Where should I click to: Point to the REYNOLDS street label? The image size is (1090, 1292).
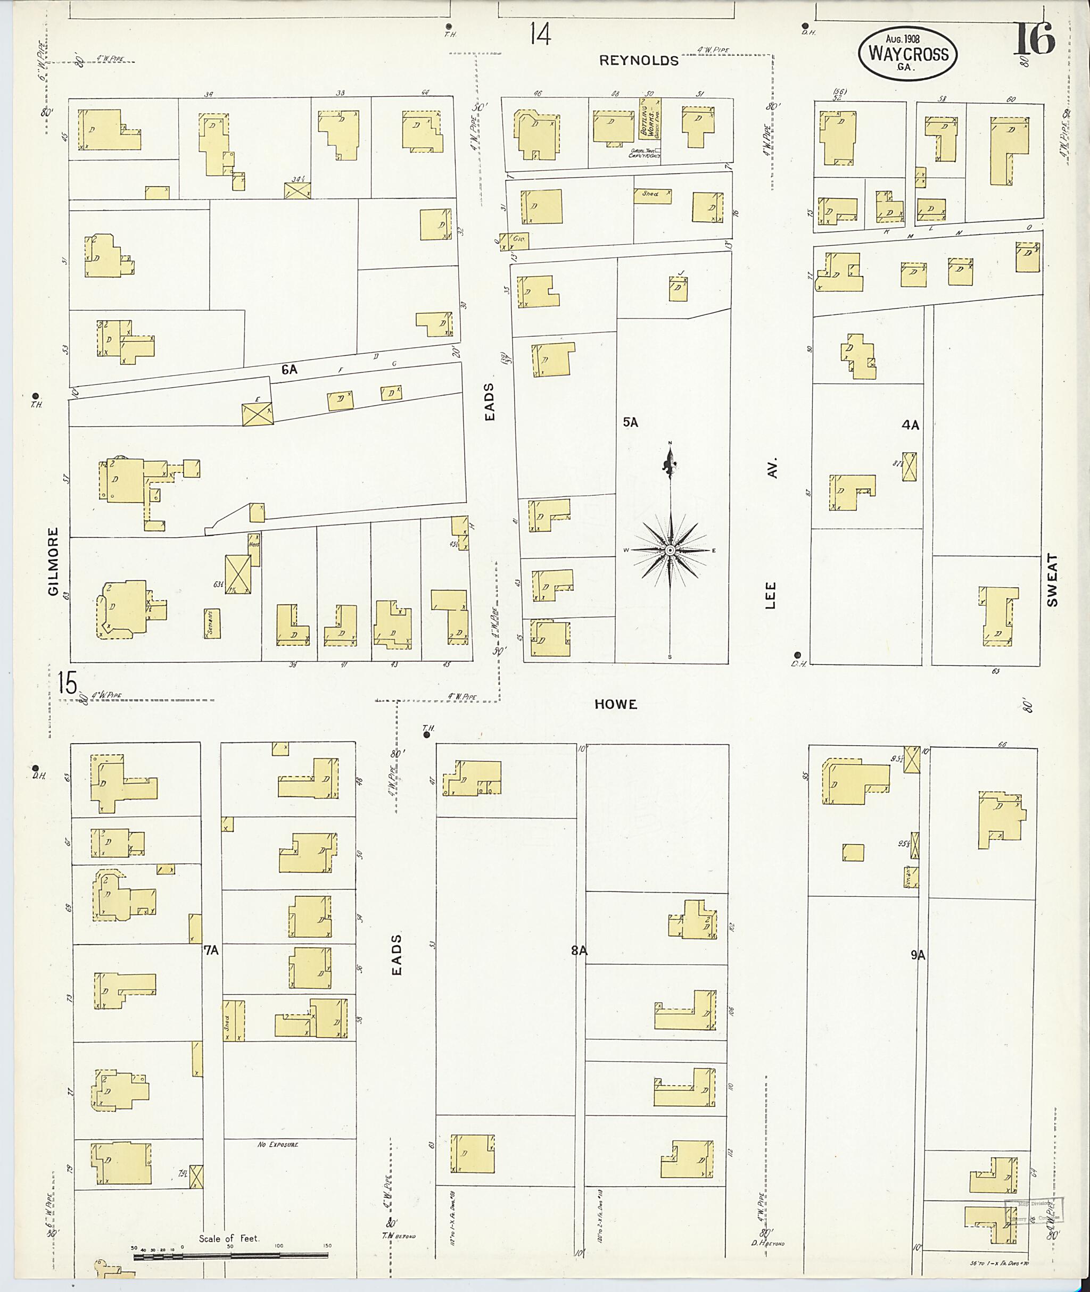click(639, 61)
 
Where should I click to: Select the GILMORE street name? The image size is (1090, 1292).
click(53, 561)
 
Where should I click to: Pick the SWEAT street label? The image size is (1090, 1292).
click(1053, 580)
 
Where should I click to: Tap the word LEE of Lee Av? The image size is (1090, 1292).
click(771, 595)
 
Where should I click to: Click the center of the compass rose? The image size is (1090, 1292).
click(670, 549)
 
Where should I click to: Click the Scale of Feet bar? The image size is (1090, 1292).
click(230, 1255)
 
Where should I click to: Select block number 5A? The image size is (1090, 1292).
click(630, 422)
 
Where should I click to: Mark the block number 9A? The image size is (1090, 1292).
click(918, 955)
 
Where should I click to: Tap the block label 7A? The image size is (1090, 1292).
click(211, 951)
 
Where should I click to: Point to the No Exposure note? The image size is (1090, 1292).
click(277, 1144)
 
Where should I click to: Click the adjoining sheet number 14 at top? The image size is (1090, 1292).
click(540, 35)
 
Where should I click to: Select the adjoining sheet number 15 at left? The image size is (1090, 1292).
click(68, 683)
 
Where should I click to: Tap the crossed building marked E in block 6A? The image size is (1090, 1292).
click(257, 413)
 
